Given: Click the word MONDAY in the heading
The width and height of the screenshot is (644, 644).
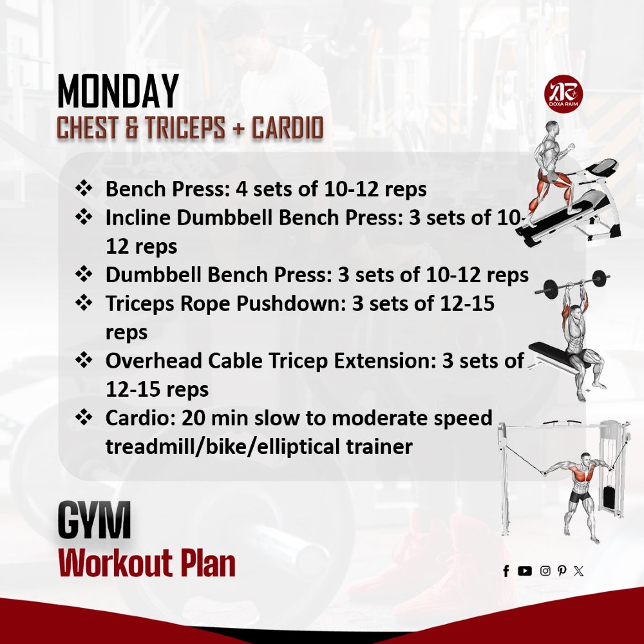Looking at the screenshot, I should tap(118, 92).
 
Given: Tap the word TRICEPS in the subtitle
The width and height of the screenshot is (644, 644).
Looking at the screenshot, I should tap(184, 129).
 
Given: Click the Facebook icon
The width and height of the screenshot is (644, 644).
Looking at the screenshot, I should tap(506, 571).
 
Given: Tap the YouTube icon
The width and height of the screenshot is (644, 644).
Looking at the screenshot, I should tap(525, 571).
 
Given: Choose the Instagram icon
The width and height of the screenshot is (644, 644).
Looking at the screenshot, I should tap(545, 571).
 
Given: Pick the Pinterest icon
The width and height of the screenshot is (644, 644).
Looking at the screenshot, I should tap(562, 571).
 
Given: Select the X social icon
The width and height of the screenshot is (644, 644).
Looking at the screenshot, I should tap(578, 571).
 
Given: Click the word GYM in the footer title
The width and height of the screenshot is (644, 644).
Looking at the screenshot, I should tap(94, 521).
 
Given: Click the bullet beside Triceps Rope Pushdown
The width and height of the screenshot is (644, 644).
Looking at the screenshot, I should tap(84, 303).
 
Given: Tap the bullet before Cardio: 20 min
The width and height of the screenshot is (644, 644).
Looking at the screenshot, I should tap(84, 418).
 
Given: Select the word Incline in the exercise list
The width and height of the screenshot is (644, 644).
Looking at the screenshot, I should tap(138, 218).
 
